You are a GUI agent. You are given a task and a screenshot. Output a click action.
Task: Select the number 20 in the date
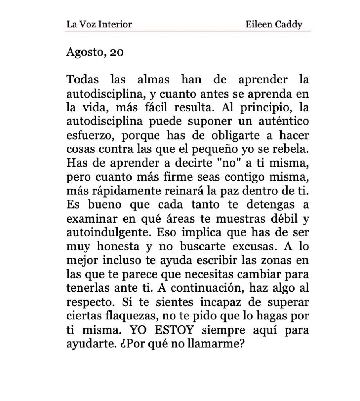pyautogui.click(x=117, y=52)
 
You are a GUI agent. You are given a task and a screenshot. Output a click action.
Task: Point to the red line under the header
pyautogui.click(x=188, y=31)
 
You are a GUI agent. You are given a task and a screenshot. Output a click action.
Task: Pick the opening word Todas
pyautogui.click(x=83, y=80)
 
